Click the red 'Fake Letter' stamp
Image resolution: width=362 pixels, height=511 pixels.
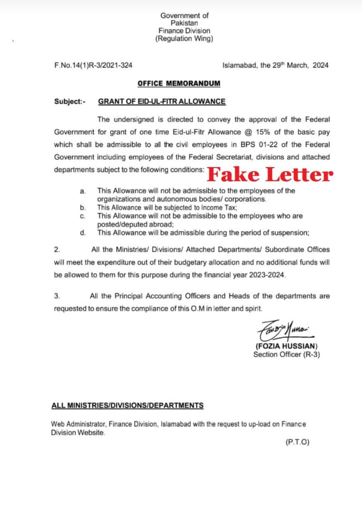click(x=270, y=174)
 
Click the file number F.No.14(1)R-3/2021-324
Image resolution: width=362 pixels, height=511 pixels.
click(x=93, y=65)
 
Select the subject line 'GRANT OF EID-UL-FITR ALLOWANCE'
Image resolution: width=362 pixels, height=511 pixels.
click(x=162, y=101)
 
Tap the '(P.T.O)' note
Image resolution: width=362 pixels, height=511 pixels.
click(x=297, y=442)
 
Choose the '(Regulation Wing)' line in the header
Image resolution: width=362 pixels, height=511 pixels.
click(x=184, y=38)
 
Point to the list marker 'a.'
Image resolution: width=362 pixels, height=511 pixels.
click(x=82, y=191)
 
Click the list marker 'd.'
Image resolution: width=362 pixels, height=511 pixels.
click(x=82, y=232)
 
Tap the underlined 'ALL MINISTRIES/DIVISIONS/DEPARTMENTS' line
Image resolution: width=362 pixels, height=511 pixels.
click(x=127, y=405)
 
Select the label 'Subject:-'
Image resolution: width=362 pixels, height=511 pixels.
click(x=69, y=101)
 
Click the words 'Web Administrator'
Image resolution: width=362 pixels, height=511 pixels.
click(x=75, y=424)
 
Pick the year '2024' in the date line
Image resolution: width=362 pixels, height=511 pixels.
click(x=319, y=65)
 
